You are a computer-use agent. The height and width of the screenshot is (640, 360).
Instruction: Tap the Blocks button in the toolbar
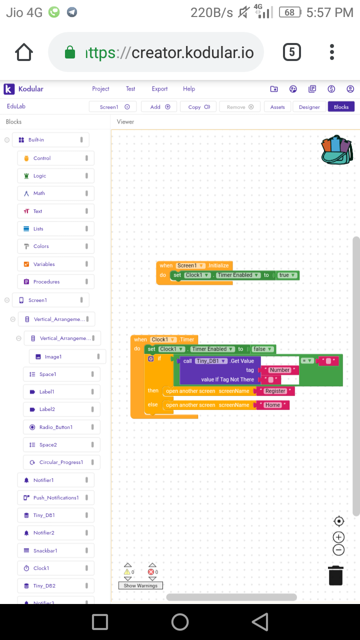click(341, 106)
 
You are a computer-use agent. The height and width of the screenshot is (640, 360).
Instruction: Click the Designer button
click(309, 106)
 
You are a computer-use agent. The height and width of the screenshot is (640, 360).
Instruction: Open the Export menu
click(159, 89)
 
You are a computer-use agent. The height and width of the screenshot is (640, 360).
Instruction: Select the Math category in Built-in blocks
click(39, 193)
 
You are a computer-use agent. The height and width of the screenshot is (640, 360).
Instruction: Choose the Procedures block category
click(46, 282)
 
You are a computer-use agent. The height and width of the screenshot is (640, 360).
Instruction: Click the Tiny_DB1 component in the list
click(44, 515)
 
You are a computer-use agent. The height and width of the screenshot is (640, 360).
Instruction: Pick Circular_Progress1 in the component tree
click(61, 462)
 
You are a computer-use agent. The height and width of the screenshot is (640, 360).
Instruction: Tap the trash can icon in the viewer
click(336, 575)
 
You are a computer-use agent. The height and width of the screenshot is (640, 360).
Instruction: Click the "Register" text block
click(275, 391)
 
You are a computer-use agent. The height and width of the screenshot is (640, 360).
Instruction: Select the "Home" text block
click(272, 405)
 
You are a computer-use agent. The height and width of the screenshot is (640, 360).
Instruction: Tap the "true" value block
click(284, 275)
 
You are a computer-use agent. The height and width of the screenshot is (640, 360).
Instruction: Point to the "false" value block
click(260, 349)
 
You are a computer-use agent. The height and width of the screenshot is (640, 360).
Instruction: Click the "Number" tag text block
click(279, 370)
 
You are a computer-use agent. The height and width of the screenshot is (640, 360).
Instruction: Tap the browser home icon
click(24, 52)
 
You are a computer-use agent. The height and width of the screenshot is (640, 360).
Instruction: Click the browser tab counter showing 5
click(292, 52)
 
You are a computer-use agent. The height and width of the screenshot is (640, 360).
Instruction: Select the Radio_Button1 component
click(55, 427)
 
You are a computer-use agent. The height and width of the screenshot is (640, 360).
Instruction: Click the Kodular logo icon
click(9, 89)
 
